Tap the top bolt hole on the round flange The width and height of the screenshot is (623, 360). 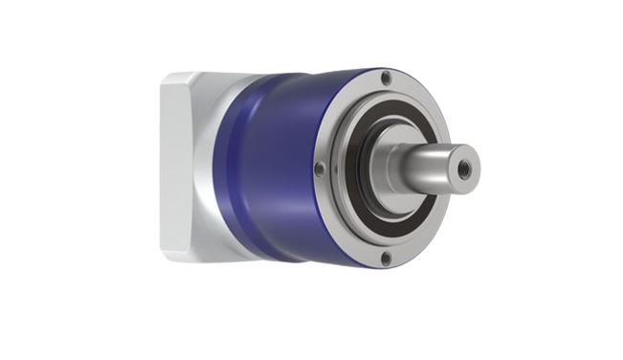pyautogui.click(x=386, y=79)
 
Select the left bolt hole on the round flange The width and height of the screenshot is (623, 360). pyautogui.click(x=319, y=169)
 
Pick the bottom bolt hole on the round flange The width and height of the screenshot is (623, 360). pyautogui.click(x=386, y=258)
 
